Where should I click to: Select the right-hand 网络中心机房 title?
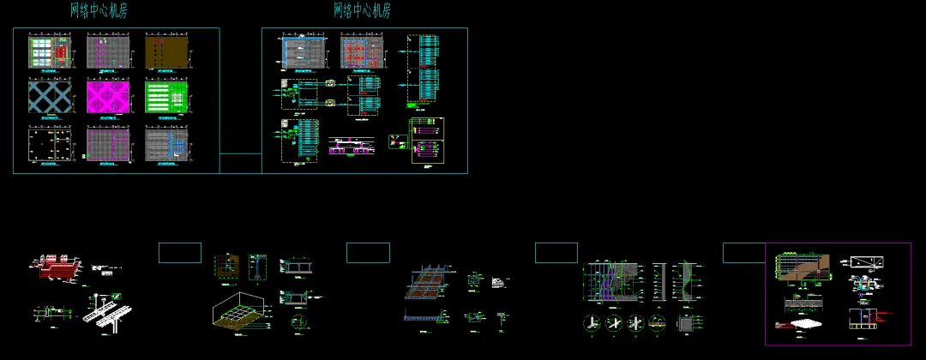[x=362, y=10]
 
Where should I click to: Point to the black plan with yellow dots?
[x=50, y=144]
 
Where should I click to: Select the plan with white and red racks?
[x=50, y=51]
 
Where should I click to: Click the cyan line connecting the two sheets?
[x=240, y=154]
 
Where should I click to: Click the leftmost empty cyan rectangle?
[x=180, y=253]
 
